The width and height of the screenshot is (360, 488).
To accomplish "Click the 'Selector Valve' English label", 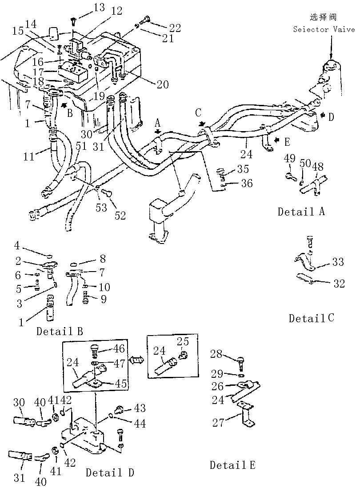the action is click(x=324, y=30).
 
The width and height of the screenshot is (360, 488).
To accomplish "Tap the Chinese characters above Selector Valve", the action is click(x=323, y=17).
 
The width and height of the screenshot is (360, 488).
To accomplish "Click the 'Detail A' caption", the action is click(x=301, y=212).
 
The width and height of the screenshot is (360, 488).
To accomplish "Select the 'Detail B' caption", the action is click(x=60, y=331).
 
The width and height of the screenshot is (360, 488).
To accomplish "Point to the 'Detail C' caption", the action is click(x=312, y=318).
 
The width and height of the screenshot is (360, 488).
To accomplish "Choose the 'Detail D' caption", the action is click(x=110, y=472).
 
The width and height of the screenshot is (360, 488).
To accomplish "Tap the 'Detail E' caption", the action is click(x=232, y=465).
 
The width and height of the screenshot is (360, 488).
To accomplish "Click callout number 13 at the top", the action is click(x=99, y=8).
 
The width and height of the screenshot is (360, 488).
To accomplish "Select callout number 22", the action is click(x=175, y=28).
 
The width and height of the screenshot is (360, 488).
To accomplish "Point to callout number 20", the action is click(x=162, y=84).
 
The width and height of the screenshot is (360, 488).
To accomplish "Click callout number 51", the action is click(x=82, y=146).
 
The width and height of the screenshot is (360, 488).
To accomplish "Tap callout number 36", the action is click(x=247, y=183).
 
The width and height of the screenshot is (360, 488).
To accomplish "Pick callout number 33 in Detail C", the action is click(x=338, y=262).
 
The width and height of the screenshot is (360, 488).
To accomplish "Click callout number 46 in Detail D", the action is click(x=119, y=348).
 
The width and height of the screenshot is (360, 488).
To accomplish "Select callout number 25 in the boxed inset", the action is click(x=183, y=341).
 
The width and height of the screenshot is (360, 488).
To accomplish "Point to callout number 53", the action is click(x=101, y=207).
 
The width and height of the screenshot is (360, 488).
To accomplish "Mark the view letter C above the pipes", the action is click(x=199, y=112).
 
